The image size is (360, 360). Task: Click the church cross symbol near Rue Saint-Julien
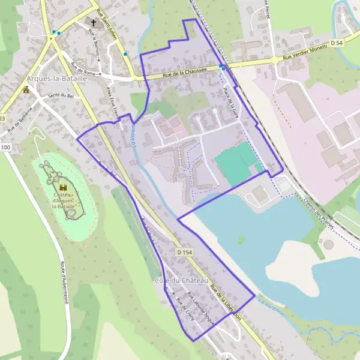[94, 24]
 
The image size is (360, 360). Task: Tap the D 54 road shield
[339, 43]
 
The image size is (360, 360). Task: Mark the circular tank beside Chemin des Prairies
[328, 245]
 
